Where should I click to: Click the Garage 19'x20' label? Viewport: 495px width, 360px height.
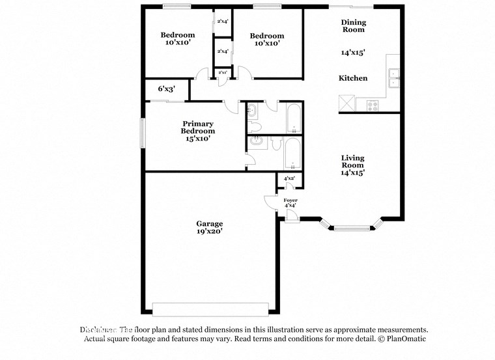click(210, 227)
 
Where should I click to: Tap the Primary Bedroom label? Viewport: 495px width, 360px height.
click(198, 131)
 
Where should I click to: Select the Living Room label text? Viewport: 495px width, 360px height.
click(353, 165)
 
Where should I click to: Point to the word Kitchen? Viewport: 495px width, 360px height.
click(353, 78)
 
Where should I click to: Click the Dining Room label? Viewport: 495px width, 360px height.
click(353, 25)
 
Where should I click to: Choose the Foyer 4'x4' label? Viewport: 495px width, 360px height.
click(290, 202)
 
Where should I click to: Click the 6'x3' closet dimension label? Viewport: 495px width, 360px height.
click(166, 89)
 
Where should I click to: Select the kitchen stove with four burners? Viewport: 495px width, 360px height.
click(373, 104)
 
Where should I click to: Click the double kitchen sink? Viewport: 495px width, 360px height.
click(393, 77)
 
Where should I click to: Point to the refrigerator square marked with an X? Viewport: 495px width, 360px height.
click(346, 104)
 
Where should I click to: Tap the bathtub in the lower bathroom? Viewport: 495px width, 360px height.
click(292, 154)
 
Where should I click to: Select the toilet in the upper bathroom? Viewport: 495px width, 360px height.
click(255, 126)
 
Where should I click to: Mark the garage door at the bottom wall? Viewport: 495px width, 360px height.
click(210, 307)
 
